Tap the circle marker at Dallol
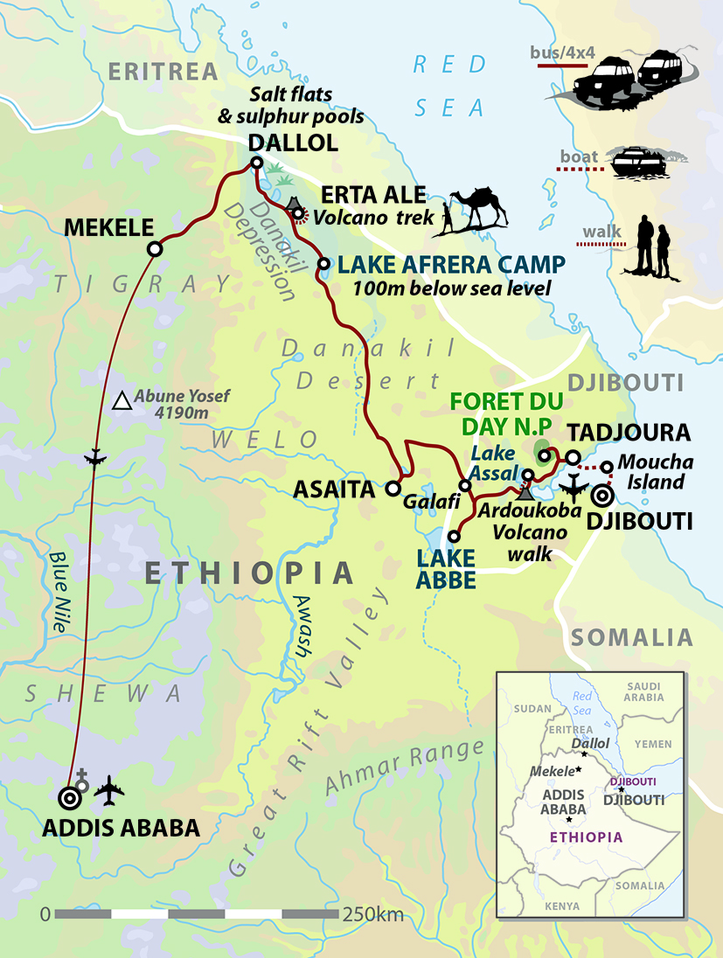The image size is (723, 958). [x=256, y=163]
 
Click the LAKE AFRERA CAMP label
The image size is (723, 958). [x=451, y=263]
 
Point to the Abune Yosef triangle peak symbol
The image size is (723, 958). [x=122, y=402]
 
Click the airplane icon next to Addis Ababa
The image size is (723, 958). [x=110, y=791]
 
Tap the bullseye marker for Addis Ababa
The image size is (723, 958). [x=69, y=797]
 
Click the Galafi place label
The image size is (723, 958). [x=425, y=503]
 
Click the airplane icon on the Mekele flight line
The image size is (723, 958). [x=96, y=459]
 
